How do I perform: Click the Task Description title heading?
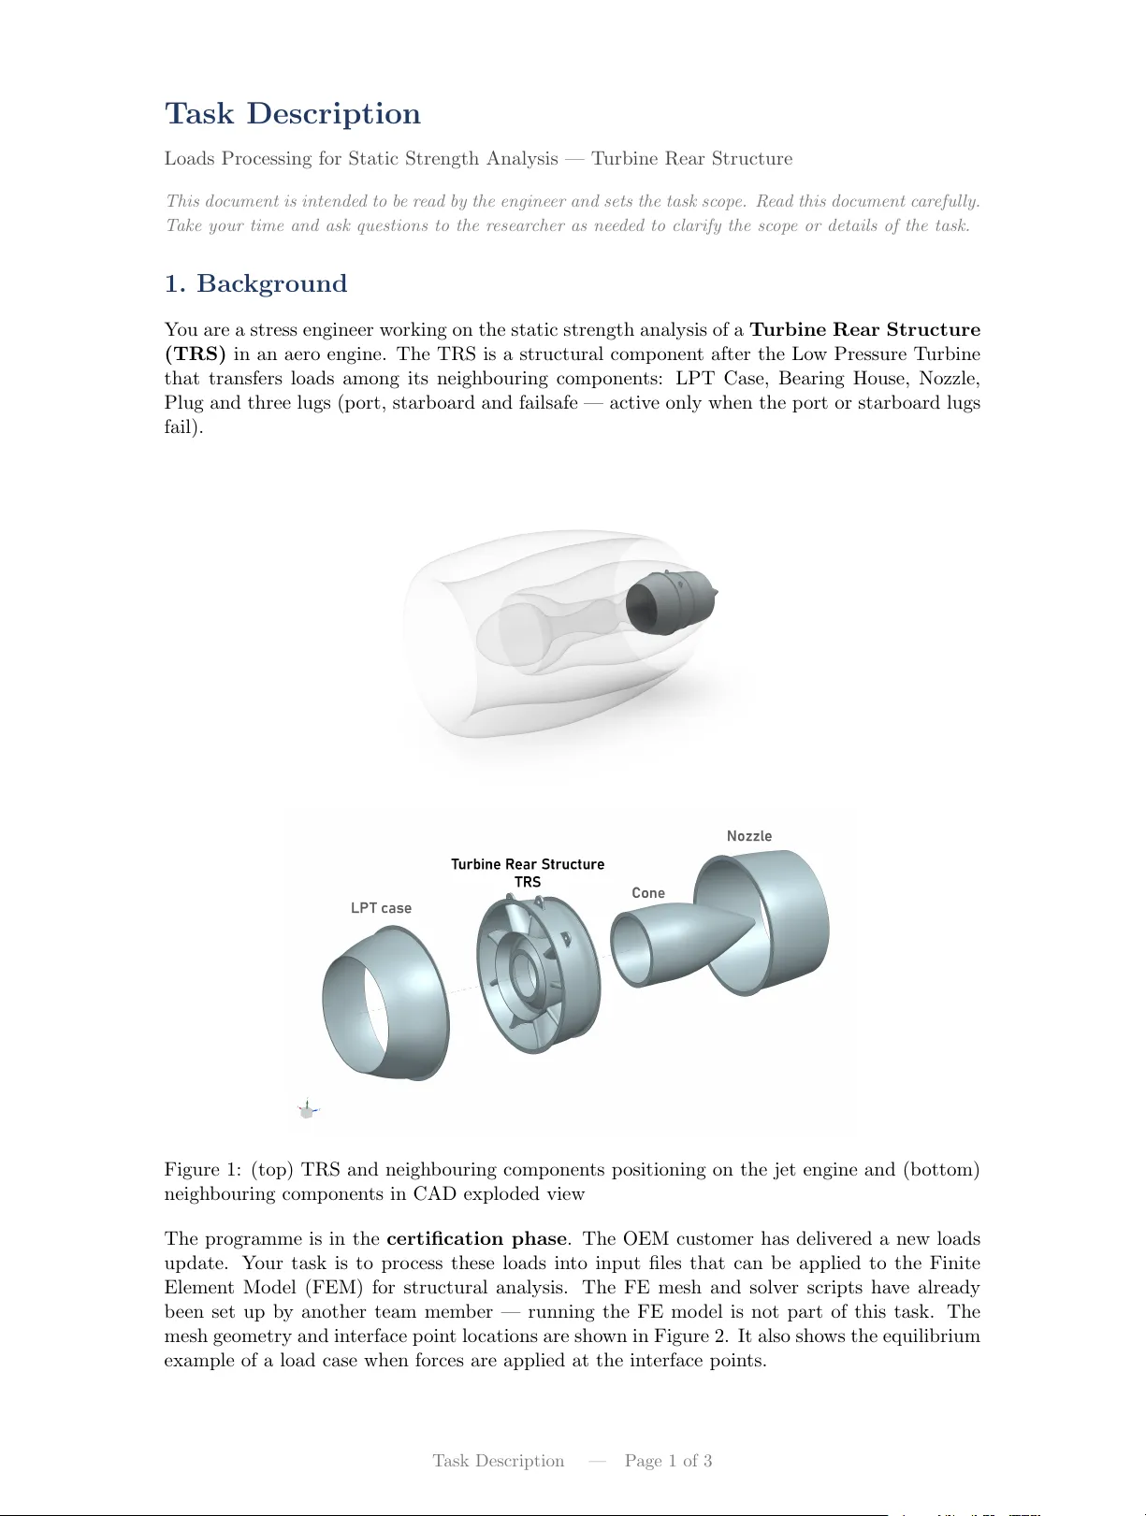[x=292, y=114]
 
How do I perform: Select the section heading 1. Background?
[x=255, y=283]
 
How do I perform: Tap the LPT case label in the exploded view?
[x=381, y=908]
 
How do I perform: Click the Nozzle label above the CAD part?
[x=749, y=836]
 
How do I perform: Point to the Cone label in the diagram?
[x=648, y=893]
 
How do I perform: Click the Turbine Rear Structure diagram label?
[x=528, y=864]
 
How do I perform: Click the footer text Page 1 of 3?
[x=668, y=1461]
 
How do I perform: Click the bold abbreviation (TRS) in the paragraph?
[x=196, y=354]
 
